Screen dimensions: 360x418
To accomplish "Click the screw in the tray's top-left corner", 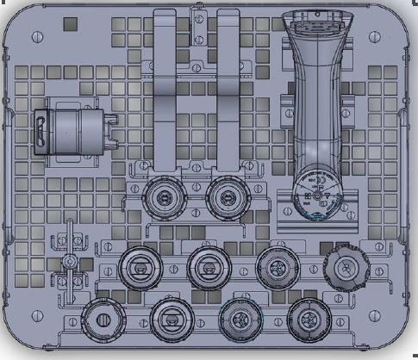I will [36, 37].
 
